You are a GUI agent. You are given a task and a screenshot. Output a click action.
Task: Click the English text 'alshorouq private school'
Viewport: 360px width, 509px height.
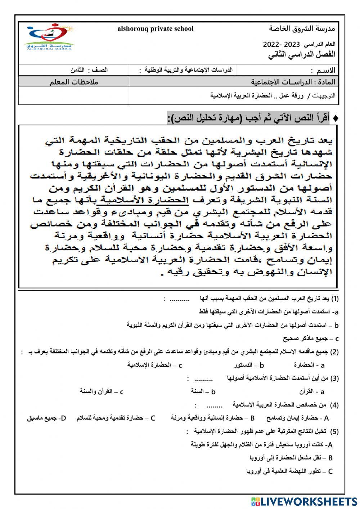tap(155, 29)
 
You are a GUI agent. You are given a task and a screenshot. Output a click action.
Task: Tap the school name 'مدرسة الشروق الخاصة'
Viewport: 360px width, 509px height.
tap(302, 28)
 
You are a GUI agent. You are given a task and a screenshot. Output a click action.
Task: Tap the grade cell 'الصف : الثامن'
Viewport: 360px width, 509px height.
tap(89, 70)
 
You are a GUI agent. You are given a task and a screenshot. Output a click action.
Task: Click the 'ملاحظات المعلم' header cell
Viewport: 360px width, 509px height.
tap(74, 82)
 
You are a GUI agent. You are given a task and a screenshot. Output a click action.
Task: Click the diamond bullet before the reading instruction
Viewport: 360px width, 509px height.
tap(336, 118)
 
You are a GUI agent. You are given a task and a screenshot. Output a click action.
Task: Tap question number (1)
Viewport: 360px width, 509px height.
tap(335, 299)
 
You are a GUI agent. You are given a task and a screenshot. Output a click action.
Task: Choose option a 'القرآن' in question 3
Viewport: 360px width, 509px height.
tap(311, 392)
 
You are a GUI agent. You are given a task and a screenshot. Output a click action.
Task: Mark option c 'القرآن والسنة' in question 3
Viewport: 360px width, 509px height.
tap(102, 392)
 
